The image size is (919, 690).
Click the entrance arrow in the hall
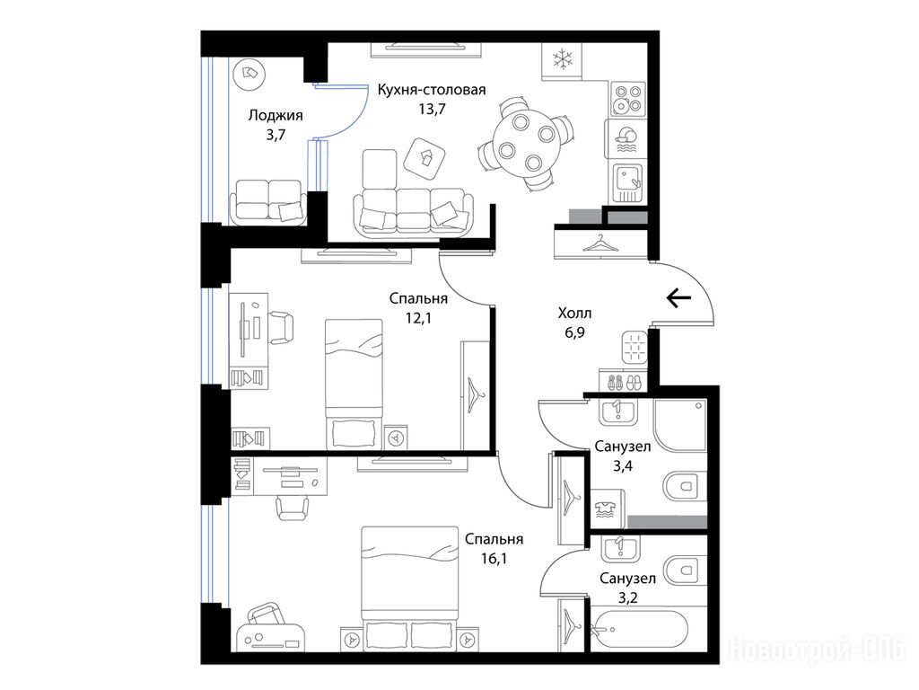pos(678,298)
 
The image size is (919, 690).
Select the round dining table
pos(524,142)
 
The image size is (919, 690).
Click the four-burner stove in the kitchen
pos(627,99)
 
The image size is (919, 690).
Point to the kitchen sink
pos(627,183)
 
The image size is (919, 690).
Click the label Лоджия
pos(276,116)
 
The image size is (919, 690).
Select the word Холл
pos(574,314)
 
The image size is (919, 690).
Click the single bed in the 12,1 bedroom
pos(354,385)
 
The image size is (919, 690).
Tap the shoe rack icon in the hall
pos(623,382)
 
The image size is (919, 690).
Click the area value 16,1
pos(495,559)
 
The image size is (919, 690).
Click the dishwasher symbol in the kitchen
pos(627,139)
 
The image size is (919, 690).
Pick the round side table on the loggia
pos(249,75)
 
